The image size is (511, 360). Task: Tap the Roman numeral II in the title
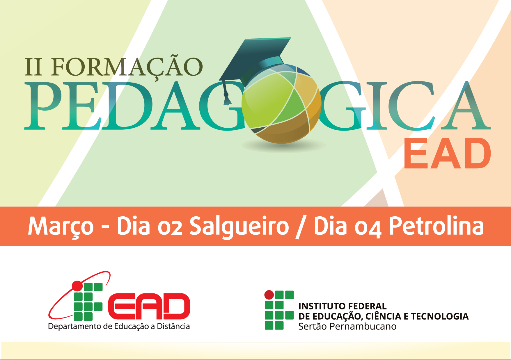33,67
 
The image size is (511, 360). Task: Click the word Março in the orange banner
61,226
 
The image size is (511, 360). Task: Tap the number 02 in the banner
170,227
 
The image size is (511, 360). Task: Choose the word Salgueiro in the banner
239,226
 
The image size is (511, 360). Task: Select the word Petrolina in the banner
437,225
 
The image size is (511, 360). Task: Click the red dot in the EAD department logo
77,286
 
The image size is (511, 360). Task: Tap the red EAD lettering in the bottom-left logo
149,306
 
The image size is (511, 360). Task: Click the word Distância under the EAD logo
173,326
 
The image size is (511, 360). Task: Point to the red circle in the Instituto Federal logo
269,295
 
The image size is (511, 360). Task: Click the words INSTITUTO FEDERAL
343,306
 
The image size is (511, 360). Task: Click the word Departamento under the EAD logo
75,327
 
